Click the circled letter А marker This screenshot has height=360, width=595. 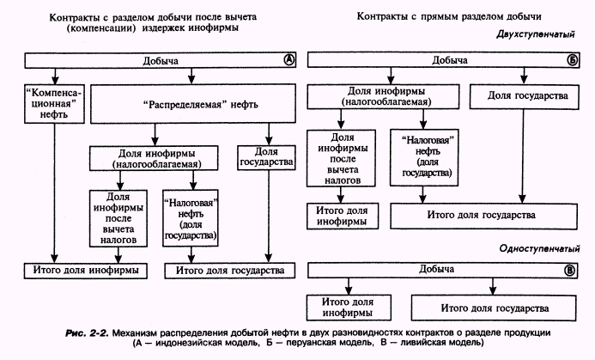point(289,60)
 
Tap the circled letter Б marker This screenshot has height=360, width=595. point(573,60)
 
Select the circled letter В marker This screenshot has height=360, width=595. point(569,271)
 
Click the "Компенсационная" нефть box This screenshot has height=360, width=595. point(54,104)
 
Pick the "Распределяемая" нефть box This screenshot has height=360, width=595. point(193,104)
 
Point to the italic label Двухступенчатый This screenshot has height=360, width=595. point(536,34)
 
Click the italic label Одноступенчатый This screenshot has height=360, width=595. point(539,248)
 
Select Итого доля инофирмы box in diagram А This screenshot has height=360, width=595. point(86,271)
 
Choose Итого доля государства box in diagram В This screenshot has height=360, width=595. point(494,308)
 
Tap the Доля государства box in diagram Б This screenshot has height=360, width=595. point(524,96)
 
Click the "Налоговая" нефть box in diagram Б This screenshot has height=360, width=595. point(424,157)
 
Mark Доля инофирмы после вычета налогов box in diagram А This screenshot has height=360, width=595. point(118,218)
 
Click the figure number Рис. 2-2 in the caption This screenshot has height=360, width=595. point(88,333)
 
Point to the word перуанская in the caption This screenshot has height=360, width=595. point(309,343)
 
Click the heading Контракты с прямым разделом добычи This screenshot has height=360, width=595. point(449,16)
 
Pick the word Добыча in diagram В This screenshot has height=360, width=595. point(436,269)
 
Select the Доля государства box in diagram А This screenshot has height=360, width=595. point(266,157)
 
